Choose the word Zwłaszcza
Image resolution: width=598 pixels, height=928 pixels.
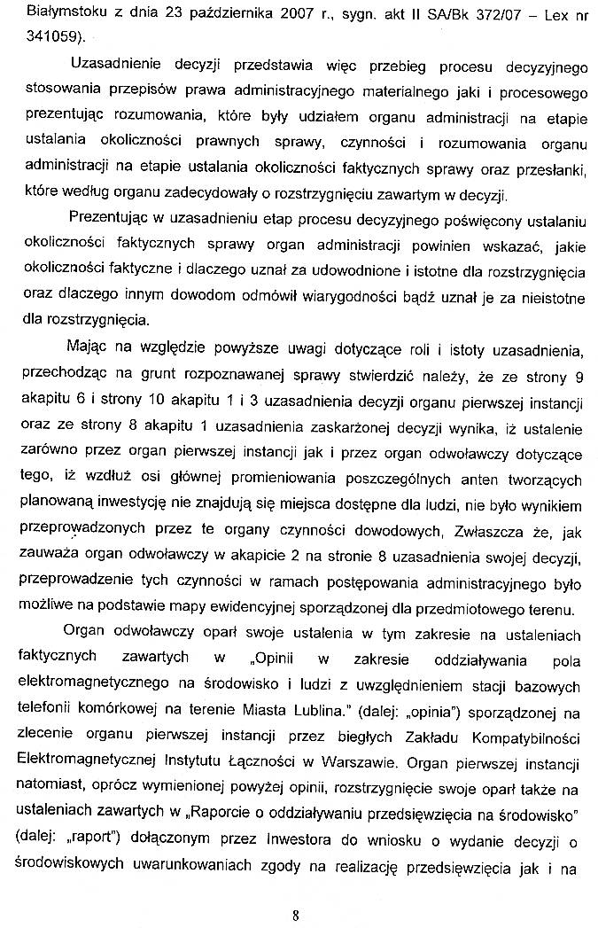coord(487,534)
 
